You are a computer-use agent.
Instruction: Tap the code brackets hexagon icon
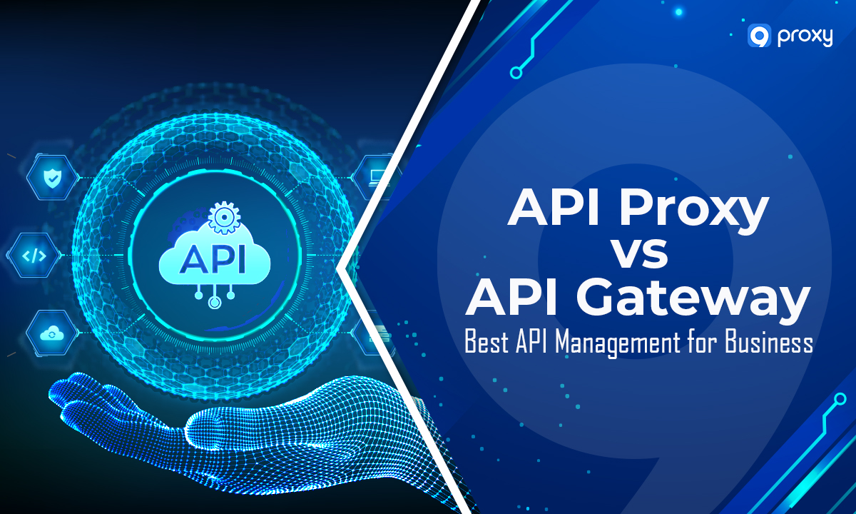pyautogui.click(x=33, y=255)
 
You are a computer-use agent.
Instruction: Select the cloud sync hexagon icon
pyautogui.click(x=52, y=333)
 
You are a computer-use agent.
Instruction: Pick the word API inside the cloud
pyautogui.click(x=212, y=258)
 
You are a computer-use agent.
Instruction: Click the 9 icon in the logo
pyautogui.click(x=758, y=36)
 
